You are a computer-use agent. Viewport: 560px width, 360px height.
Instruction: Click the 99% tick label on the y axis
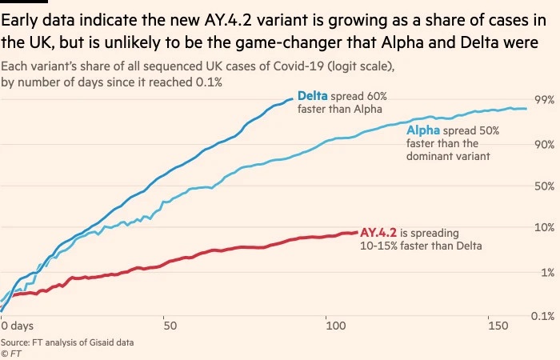pos(544,100)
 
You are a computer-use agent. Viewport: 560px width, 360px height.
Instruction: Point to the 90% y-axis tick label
pos(544,145)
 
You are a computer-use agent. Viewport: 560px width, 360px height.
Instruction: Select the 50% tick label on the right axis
pos(544,186)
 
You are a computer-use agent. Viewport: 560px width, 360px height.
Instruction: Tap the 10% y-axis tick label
pos(544,227)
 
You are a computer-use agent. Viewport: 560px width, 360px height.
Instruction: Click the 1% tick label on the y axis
pos(548,273)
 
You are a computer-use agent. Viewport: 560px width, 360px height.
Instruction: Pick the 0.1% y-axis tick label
pos(543,316)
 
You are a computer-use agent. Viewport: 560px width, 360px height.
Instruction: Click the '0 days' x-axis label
pos(17,326)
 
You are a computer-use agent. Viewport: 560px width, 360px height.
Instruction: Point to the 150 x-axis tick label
pos(498,326)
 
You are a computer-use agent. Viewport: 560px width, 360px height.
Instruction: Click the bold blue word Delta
pos(313,96)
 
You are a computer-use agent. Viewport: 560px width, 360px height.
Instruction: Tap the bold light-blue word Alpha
pos(423,130)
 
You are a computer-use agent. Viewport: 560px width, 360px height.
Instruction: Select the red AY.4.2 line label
pos(378,233)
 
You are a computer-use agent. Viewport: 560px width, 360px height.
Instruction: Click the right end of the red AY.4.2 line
pos(357,233)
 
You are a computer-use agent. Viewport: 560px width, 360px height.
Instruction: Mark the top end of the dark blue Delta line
pos(293,99)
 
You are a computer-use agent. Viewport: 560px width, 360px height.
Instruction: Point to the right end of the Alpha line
pos(526,109)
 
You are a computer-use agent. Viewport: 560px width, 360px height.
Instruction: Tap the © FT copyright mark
pos(10,354)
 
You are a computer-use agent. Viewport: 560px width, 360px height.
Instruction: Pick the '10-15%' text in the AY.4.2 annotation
pos(378,246)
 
